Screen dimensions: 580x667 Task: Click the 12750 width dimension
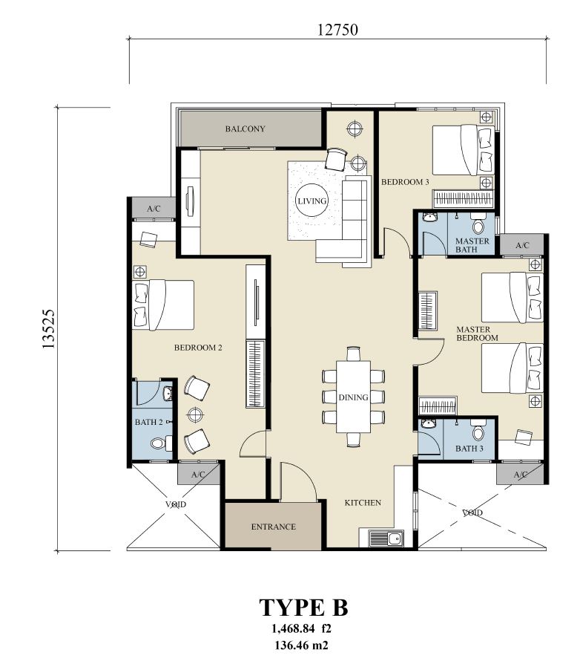(x=337, y=30)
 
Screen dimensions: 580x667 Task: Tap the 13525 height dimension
(x=49, y=329)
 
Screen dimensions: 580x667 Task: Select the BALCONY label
(x=245, y=128)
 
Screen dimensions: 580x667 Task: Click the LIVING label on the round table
(x=312, y=201)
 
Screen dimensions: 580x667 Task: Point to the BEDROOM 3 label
(x=405, y=182)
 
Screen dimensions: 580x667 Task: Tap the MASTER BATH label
(x=472, y=245)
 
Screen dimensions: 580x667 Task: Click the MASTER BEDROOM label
(x=477, y=333)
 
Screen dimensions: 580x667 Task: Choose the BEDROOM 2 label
(x=198, y=348)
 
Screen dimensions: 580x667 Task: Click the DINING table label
(x=353, y=397)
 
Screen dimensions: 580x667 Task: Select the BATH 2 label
(x=149, y=422)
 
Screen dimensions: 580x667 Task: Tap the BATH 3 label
(x=469, y=449)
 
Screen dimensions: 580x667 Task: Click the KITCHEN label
(x=363, y=502)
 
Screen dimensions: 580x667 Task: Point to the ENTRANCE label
(x=273, y=527)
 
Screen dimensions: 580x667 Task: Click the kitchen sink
(x=386, y=538)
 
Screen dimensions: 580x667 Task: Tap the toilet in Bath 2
(x=161, y=443)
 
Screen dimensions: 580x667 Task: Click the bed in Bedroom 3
(x=464, y=149)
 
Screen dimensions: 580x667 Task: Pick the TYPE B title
(x=303, y=607)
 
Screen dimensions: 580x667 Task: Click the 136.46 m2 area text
(x=301, y=645)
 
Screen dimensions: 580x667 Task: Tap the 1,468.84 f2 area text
(x=301, y=628)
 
